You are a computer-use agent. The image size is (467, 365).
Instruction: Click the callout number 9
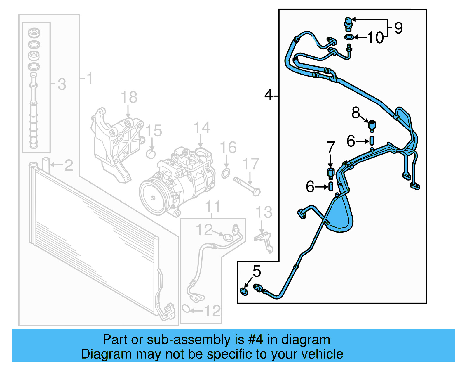coord(398,28)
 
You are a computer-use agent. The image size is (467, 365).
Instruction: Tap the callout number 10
coord(375,38)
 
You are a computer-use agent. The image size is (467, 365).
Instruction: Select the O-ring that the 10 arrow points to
coord(349,37)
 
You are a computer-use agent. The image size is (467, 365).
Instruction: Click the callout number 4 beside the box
coord(268,95)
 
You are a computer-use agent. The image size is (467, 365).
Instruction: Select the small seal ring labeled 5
coord(244,291)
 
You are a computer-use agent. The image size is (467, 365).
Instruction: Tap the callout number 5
coord(257,271)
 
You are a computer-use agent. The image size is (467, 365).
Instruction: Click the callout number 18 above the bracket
coord(129,97)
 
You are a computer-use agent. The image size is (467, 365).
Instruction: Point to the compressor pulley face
coord(153,198)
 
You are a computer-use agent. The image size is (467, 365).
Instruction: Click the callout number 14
coord(202,128)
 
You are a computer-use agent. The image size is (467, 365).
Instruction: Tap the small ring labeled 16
coord(226,173)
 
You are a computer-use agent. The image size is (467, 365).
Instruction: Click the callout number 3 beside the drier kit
coord(62,84)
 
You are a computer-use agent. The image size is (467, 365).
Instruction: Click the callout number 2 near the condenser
coord(68,165)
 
